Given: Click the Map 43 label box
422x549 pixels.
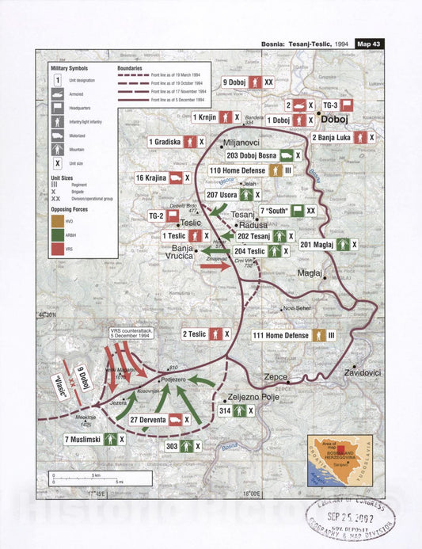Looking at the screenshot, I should (369, 44).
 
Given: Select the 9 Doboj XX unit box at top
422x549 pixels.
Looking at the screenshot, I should (247, 82).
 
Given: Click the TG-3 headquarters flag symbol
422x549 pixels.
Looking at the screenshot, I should (347, 105).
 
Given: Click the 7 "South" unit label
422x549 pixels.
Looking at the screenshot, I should (276, 210).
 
